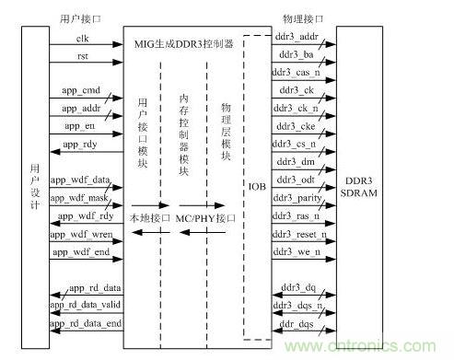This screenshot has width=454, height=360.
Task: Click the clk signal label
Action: (83, 37)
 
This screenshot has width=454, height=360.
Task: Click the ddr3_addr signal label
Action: (297, 37)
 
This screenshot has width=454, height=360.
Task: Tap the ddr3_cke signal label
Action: (296, 125)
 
